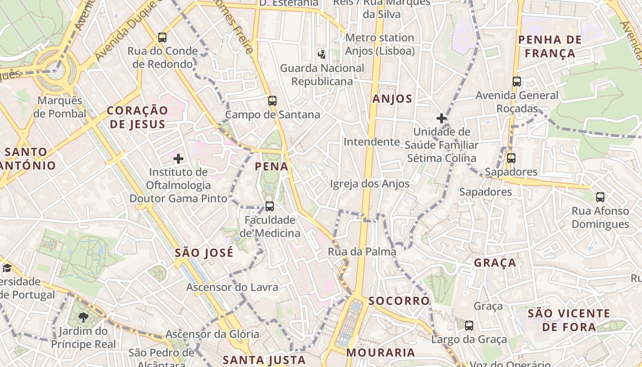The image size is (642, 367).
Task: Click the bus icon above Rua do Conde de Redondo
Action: [x=162, y=38]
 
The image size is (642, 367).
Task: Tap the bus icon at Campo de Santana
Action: [x=272, y=101]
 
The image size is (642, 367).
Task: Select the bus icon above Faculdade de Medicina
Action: [x=270, y=206]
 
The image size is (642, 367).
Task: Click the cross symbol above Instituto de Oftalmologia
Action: [x=178, y=159]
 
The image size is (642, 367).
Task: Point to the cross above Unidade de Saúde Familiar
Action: [x=442, y=118]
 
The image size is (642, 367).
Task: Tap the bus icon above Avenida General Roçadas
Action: [x=517, y=82]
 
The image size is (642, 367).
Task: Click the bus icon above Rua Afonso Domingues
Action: [x=600, y=197]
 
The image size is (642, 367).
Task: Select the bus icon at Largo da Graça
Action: [x=469, y=326]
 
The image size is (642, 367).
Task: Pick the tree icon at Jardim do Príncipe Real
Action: [x=83, y=317]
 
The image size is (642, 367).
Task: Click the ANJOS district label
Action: [x=392, y=99]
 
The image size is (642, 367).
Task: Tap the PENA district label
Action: [x=271, y=167]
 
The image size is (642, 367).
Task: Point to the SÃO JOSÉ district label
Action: [x=204, y=253]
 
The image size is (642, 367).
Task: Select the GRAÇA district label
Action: [x=495, y=263]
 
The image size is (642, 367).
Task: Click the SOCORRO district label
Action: [x=399, y=301]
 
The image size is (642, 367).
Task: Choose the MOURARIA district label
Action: [x=381, y=352]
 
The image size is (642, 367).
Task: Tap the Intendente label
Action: [x=371, y=142]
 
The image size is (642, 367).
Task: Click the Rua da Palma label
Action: [x=362, y=251]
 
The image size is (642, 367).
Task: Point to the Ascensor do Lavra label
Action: [x=232, y=287]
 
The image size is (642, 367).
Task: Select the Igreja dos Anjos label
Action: [x=370, y=184]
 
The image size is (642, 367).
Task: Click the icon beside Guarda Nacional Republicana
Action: [x=322, y=55]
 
